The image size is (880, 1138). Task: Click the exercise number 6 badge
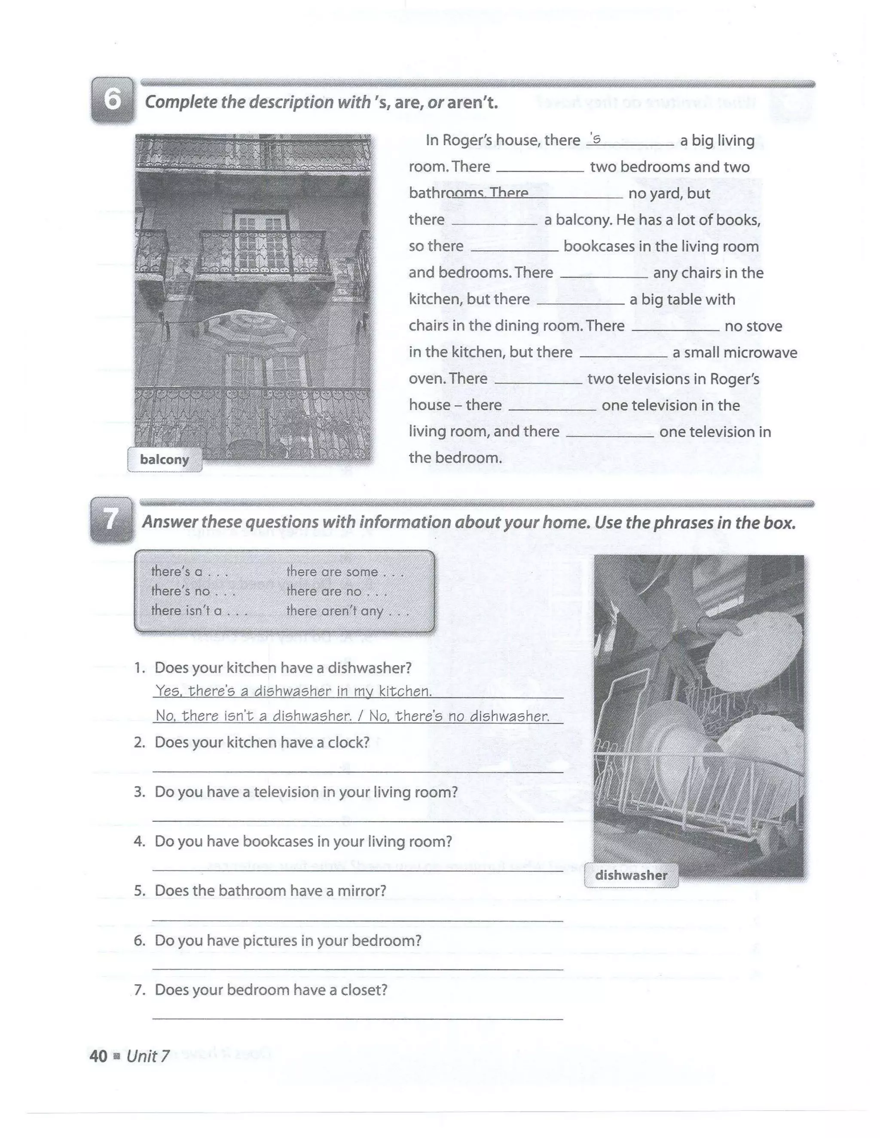click(x=112, y=100)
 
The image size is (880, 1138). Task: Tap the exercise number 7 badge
click(x=111, y=520)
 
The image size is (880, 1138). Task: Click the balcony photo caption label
click(x=164, y=459)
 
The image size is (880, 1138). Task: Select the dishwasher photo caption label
click(x=631, y=875)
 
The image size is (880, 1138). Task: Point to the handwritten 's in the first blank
click(x=595, y=139)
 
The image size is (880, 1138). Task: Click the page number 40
click(x=98, y=1056)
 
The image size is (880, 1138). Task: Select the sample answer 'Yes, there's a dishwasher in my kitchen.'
click(x=293, y=691)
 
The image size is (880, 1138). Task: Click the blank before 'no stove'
click(x=675, y=329)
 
